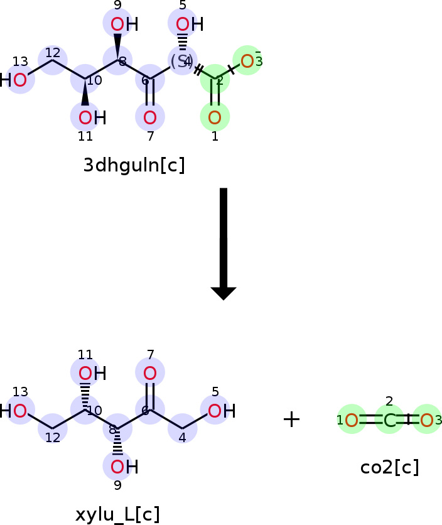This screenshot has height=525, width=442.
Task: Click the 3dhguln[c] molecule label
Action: tap(134, 165)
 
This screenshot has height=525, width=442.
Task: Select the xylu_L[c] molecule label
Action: tap(117, 514)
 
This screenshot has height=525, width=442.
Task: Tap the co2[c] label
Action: tap(389, 467)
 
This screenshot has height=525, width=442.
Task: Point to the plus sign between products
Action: tap(291, 419)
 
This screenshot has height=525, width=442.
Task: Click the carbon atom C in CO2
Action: tap(389, 420)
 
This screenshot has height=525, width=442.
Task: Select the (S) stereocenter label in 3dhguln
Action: tap(181, 61)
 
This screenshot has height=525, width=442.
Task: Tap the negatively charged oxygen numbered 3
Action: tap(247, 61)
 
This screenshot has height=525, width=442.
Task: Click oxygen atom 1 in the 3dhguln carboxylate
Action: tap(215, 117)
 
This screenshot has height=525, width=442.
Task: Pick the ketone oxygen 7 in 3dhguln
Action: tap(149, 117)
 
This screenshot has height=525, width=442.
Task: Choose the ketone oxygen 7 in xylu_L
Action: tap(149, 374)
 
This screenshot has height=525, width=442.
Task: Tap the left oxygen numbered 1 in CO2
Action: tap(352, 420)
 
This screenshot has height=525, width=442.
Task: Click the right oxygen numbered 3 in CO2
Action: tap(427, 420)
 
